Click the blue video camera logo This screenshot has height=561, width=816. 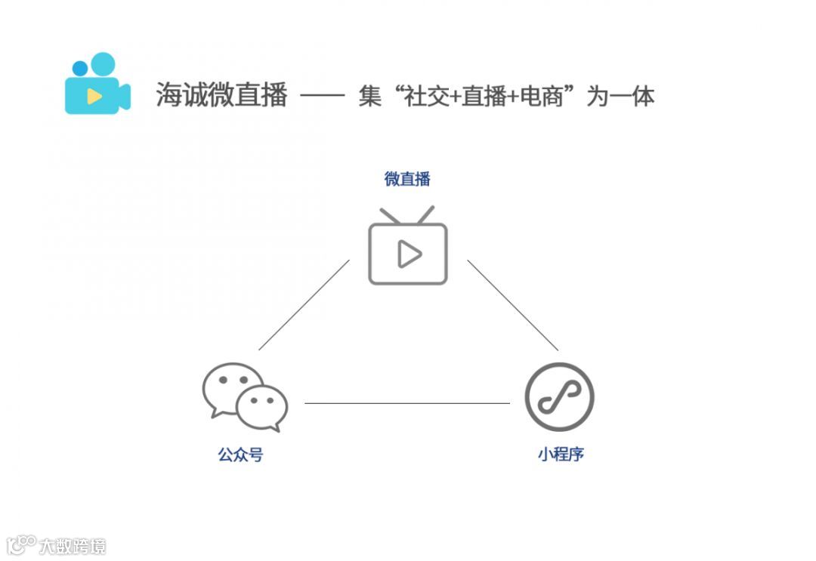coord(97,85)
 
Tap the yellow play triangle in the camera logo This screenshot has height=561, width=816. coord(94,96)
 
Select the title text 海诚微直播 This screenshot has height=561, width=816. coord(221,96)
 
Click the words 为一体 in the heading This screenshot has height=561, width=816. coord(620,97)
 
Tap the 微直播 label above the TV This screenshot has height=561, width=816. coord(407,179)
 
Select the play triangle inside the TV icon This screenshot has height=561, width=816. coord(409,254)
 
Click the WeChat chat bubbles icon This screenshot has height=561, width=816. coord(245,396)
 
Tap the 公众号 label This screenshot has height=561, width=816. coord(240,455)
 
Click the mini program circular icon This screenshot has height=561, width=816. coord(560,397)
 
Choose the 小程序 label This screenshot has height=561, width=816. coord(561,455)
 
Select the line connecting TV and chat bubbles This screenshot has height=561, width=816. coord(304,305)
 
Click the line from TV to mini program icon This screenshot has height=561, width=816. coord(512,305)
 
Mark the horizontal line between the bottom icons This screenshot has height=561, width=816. coord(406,403)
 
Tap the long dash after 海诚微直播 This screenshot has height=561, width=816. coord(323,97)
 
